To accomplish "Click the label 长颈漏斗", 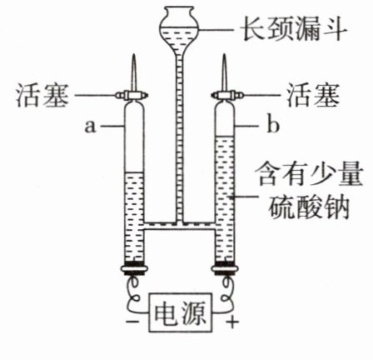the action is click(x=295, y=29).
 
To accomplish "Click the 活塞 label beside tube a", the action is click(x=42, y=95).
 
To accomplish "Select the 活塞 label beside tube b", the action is click(x=313, y=95).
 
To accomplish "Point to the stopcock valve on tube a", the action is click(x=132, y=95).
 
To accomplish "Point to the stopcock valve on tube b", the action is click(x=226, y=95).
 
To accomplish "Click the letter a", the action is click(x=91, y=127).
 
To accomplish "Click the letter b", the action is click(x=273, y=125).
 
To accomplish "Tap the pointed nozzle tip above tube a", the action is click(x=134, y=55).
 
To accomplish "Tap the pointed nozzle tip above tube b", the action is click(x=224, y=55).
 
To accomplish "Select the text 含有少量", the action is click(x=311, y=174).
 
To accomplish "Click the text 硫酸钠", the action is click(x=308, y=206).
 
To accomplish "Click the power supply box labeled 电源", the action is click(x=181, y=312).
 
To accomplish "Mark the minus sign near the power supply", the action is click(x=133, y=322).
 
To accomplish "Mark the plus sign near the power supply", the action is click(x=232, y=322).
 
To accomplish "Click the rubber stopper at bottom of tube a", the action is click(x=134, y=268).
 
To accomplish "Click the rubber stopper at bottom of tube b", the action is click(x=225, y=268).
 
